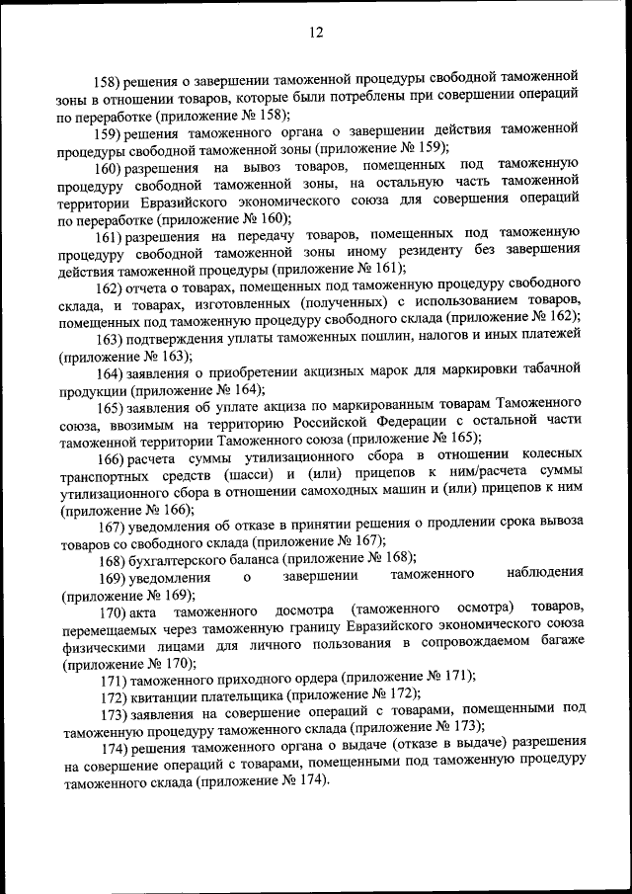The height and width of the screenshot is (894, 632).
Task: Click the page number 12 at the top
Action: [315, 33]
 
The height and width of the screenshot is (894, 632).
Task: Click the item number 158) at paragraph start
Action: [107, 78]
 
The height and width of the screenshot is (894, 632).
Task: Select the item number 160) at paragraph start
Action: [108, 168]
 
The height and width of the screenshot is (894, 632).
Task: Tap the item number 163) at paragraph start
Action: [108, 337]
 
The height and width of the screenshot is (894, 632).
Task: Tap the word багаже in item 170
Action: [549, 643]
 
